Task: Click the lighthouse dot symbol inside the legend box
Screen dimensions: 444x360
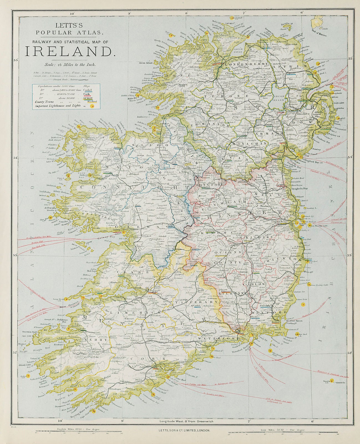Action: pyautogui.click(x=93, y=106)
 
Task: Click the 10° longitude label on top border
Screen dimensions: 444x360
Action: pyautogui.click(x=72, y=13)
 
